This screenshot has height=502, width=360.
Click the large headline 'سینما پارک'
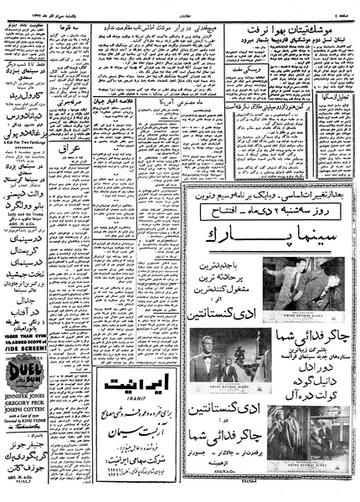pos(266,237)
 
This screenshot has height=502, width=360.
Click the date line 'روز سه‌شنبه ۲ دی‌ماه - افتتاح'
pos(266,213)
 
